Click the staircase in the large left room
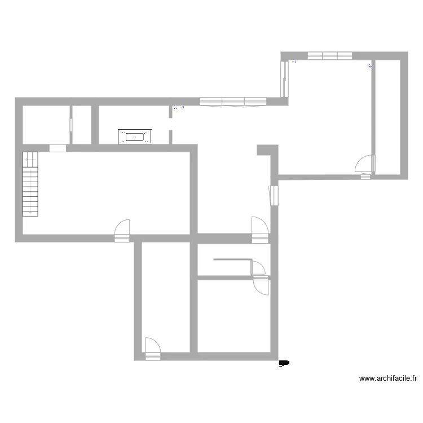click(x=30, y=184)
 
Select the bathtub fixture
click(x=135, y=136)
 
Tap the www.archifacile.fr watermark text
click(x=388, y=379)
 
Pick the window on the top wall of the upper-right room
click(x=330, y=55)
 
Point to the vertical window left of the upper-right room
click(x=285, y=78)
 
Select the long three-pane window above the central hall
click(x=233, y=102)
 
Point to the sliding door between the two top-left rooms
click(x=71, y=125)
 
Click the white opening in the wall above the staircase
click(x=58, y=148)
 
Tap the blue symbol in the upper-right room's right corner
click(x=369, y=67)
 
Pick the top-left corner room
click(x=45, y=125)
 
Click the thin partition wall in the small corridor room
click(x=231, y=259)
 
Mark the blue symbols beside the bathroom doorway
click(x=178, y=107)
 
